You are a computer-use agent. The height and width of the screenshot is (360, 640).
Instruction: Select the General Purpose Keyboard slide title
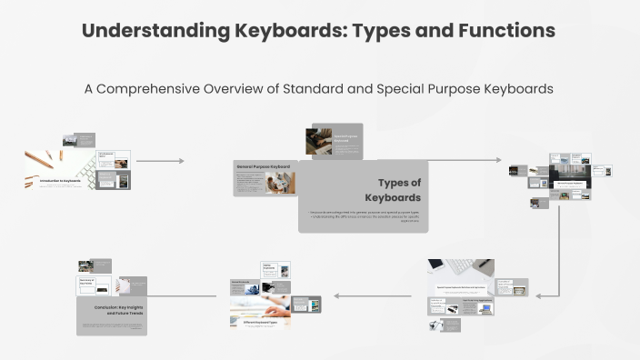pos(263,167)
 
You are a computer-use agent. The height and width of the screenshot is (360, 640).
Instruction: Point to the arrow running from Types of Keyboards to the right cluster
pos(464,161)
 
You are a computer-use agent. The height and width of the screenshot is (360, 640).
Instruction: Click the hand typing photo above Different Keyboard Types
pos(260,305)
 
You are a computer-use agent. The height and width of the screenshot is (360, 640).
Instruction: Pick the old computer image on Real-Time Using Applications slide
pos(485,308)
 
